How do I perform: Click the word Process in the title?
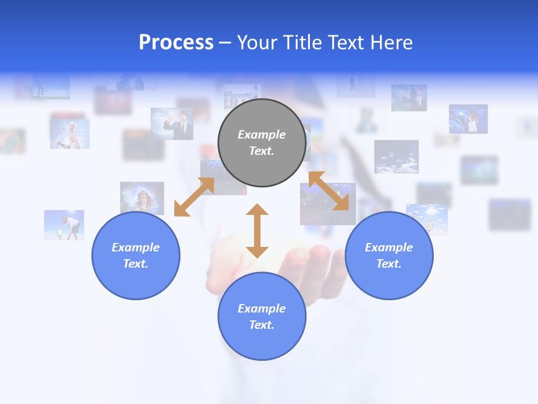point(176,43)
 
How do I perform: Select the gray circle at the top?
point(262,143)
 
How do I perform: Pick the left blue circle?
point(136,255)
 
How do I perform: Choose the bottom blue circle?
point(262,316)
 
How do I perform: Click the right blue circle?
point(389,255)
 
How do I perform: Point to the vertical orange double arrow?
point(257,231)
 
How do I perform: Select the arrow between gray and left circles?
point(194,197)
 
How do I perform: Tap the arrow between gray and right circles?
point(328,191)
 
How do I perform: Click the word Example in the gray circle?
point(262,135)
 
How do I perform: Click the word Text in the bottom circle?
point(261,325)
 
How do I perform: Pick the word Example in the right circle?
point(389,247)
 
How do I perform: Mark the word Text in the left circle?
point(135,264)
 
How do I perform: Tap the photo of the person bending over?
point(64,225)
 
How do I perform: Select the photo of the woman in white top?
point(69,134)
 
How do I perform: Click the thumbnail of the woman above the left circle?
point(142,198)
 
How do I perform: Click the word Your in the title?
point(256,43)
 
